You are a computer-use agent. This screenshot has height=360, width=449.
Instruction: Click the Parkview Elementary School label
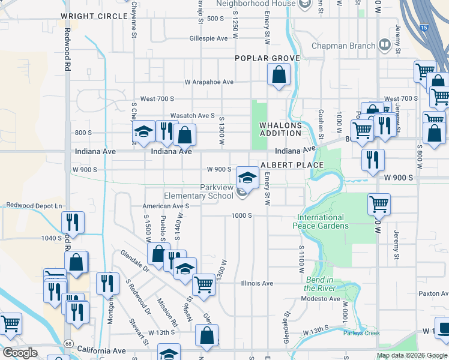point(199,191)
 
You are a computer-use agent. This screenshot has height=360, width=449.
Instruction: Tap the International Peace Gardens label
point(321,222)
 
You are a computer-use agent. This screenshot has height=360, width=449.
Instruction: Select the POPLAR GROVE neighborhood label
point(267,58)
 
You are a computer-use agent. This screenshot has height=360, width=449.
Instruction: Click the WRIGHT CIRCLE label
point(94,16)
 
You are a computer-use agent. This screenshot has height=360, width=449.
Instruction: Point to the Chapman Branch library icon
point(385,45)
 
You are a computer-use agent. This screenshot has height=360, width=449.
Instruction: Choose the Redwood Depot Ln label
point(34,206)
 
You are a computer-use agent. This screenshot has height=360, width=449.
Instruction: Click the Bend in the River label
point(319,284)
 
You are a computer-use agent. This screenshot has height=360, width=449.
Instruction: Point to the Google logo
point(20,353)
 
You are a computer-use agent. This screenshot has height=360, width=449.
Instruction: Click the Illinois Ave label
point(257,283)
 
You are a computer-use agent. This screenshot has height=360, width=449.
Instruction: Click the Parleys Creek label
point(361,333)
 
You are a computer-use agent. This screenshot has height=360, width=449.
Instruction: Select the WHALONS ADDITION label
point(280,129)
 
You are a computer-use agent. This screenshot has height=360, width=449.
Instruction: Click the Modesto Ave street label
point(322,299)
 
